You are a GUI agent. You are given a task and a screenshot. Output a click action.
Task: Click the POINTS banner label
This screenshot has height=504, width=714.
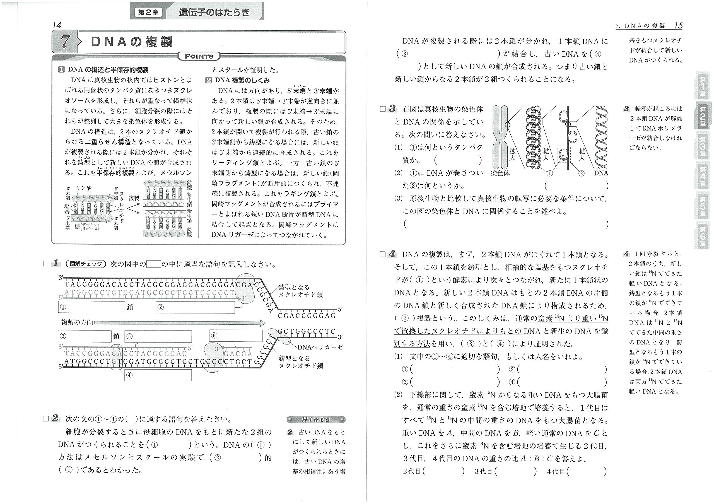coord(199,56)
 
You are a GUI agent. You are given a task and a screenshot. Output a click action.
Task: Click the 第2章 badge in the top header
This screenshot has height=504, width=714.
coord(148,13)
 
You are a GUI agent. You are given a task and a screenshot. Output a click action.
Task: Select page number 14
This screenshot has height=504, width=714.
coord(57,25)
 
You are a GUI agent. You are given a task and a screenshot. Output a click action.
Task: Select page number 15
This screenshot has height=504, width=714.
coord(678,25)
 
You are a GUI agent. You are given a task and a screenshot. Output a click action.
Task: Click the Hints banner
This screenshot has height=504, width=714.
coord(316,419)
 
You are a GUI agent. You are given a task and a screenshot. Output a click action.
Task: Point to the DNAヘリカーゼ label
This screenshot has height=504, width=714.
coord(320,347)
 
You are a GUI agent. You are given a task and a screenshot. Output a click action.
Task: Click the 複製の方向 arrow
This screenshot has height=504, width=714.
coord(180,323)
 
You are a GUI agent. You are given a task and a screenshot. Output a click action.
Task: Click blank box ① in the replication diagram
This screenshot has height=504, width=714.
coord(91,307)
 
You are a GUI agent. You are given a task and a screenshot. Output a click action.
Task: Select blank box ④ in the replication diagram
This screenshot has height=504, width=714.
coord(158,375)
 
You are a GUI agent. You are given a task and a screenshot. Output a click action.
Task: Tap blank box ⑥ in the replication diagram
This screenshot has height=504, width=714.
coord(236,336)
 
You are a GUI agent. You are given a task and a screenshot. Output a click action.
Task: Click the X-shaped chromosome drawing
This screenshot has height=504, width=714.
coord(500,137)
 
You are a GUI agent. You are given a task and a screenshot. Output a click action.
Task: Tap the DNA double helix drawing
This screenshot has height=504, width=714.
coord(601,137)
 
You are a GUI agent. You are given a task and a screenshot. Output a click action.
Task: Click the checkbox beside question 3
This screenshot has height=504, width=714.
coord(383,109)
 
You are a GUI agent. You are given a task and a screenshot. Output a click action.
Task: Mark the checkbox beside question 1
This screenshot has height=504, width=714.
coord(46,264)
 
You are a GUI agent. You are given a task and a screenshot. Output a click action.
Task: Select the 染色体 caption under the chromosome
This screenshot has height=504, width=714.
coord(500,173)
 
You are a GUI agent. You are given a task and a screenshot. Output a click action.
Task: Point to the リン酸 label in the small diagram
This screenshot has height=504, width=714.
coord(84,188)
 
